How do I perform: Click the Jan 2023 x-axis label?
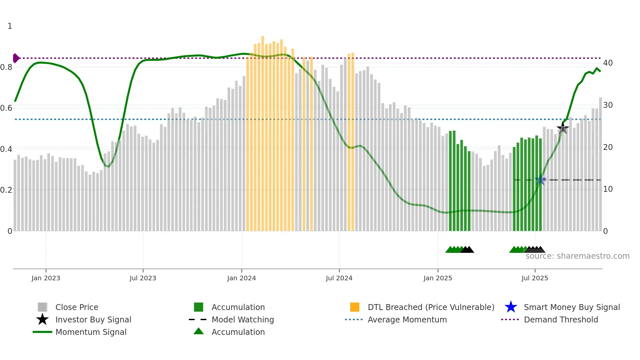coord(46,278)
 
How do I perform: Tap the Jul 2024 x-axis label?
coord(339,278)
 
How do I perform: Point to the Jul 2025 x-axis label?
coord(535,278)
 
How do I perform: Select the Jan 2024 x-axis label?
coord(241,278)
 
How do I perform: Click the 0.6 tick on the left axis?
coord(6,108)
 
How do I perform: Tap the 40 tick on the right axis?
coord(608,63)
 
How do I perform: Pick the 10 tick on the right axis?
coord(608,189)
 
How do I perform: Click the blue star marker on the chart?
coord(540,180)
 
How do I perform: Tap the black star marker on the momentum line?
coord(563,128)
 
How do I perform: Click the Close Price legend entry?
coord(77,307)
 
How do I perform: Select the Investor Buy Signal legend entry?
coord(93,320)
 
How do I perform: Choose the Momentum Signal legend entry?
coord(91,332)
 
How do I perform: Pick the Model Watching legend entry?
coord(243,320)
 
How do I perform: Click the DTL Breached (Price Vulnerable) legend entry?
coord(431,307)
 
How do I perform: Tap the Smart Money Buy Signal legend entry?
coord(571,307)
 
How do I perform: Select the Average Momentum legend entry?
coord(407,320)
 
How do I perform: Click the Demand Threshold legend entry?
coord(561,320)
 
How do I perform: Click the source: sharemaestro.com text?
coord(577,256)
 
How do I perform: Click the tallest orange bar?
coord(263,131)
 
